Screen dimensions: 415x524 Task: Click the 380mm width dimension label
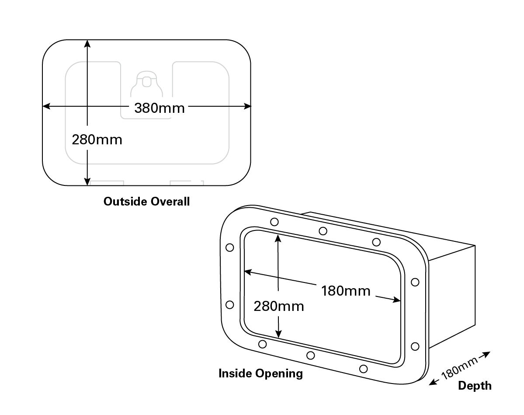click(160, 108)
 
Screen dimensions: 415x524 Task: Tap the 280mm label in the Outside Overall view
click(97, 139)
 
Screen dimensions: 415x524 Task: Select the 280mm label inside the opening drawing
click(279, 306)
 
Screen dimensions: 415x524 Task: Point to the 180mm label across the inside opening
click(346, 290)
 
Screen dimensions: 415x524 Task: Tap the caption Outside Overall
click(147, 202)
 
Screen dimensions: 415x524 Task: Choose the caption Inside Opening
click(260, 373)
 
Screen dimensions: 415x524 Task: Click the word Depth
click(475, 386)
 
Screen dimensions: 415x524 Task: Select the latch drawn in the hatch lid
click(147, 83)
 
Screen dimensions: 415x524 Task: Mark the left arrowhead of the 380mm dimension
click(45, 106)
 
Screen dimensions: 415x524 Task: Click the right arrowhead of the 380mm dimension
click(248, 106)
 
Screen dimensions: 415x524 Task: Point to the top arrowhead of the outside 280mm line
click(88, 43)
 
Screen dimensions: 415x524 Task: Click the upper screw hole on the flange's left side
click(229, 248)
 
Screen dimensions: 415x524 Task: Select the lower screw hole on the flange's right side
click(415, 346)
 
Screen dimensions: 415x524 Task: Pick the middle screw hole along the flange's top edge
click(323, 231)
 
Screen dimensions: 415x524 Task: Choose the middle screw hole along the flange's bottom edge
click(311, 355)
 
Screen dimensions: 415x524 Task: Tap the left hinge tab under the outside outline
click(108, 183)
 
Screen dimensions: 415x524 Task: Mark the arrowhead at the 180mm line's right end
click(398, 300)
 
